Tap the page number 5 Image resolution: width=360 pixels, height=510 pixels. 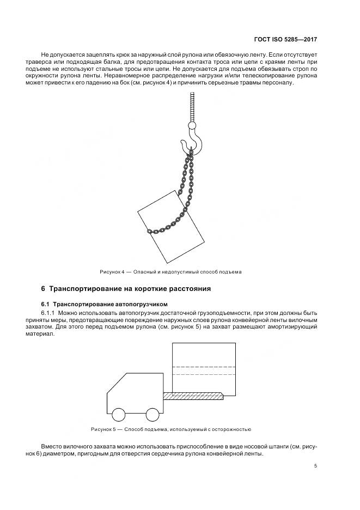click(x=316, y=465)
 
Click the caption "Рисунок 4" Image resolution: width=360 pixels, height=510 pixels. click(x=112, y=271)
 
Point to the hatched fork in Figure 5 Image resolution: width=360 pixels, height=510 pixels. click(x=193, y=397)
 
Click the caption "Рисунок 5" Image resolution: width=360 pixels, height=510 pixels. click(x=104, y=429)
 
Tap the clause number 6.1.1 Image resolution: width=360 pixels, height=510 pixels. click(x=48, y=313)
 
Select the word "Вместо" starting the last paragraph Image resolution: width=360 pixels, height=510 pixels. click(x=51, y=446)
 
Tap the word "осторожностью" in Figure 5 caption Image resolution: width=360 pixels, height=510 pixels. click(x=233, y=429)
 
